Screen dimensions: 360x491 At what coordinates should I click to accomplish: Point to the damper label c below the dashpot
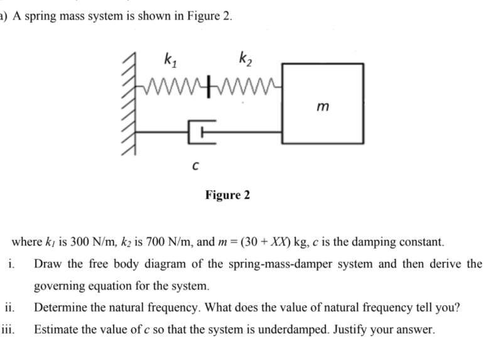point(197,166)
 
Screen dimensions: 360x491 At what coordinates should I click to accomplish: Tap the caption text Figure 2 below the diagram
point(227,195)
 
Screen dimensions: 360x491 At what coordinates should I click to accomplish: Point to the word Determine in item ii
point(58,308)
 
